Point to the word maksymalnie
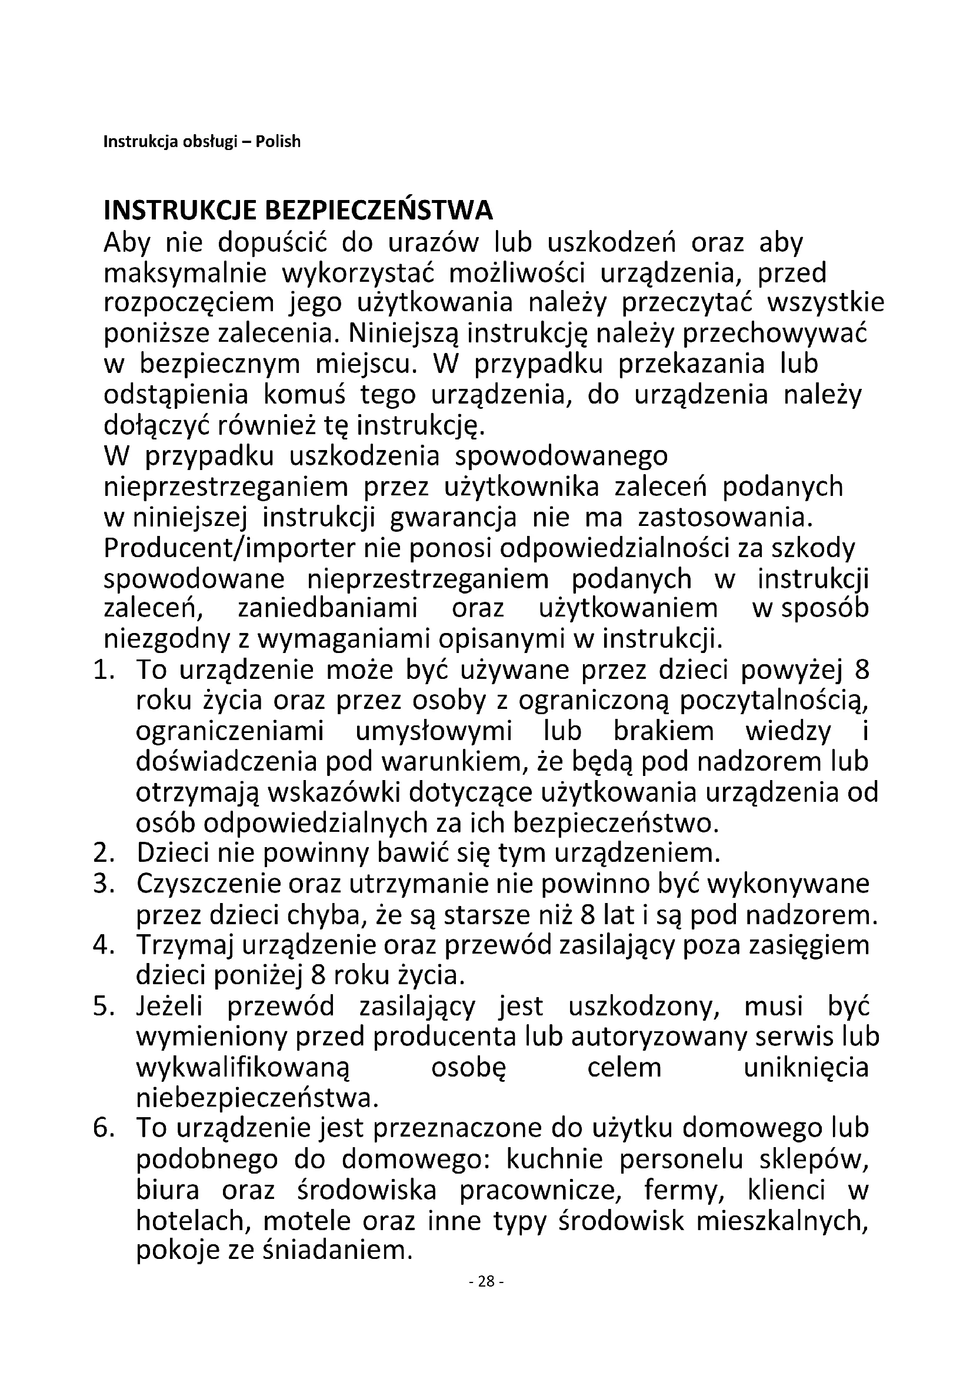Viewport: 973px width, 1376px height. (x=185, y=274)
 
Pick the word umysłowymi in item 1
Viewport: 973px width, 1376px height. (x=434, y=732)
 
